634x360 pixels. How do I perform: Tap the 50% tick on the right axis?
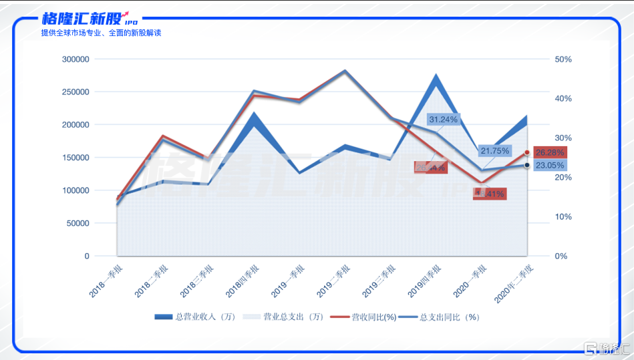[x=563, y=59]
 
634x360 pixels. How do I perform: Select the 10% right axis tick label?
[x=563, y=217]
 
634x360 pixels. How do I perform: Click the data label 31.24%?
[x=443, y=120]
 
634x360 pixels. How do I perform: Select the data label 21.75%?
[x=494, y=151]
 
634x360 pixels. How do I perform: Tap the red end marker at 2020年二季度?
[x=527, y=152]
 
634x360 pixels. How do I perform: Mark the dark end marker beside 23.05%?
[x=527, y=165]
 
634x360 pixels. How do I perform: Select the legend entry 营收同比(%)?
[x=364, y=317]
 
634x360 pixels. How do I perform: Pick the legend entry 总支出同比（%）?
[x=441, y=317]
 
